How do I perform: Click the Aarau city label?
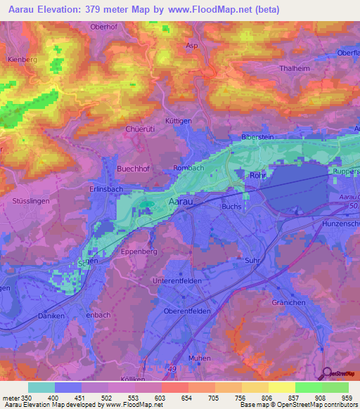tap(181, 202)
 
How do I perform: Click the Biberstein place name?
tap(257, 138)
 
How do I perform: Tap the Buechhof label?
tap(134, 169)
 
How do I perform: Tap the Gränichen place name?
tap(288, 302)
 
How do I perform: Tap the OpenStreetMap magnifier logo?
tap(326, 372)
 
